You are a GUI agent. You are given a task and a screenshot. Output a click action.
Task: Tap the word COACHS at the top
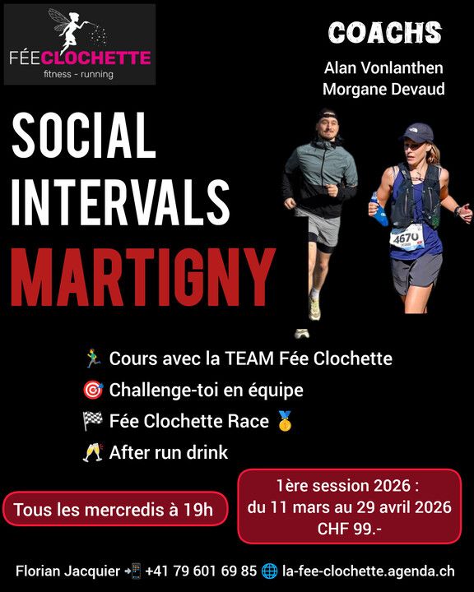385,33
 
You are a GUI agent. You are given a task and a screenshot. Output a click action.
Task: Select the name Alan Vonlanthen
384,68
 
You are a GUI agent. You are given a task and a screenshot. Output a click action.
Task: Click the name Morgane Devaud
383,89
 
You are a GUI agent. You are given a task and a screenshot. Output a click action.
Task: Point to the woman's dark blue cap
418,132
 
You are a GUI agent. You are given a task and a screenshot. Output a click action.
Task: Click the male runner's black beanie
328,115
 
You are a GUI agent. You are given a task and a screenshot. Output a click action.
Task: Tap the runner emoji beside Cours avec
92,358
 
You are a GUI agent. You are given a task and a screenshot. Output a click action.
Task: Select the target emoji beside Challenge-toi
92,390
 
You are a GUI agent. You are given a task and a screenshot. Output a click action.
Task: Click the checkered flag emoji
92,421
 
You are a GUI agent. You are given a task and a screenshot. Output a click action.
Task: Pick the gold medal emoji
285,421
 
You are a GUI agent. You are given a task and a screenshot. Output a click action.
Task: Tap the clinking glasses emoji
92,452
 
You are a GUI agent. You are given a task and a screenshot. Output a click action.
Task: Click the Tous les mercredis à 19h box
113,510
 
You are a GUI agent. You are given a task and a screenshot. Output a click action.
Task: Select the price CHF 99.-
349,529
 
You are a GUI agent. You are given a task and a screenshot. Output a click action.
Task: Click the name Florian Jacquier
67,571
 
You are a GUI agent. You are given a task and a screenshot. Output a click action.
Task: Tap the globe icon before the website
269,571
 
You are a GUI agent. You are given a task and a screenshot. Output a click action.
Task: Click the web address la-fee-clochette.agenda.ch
368,571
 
